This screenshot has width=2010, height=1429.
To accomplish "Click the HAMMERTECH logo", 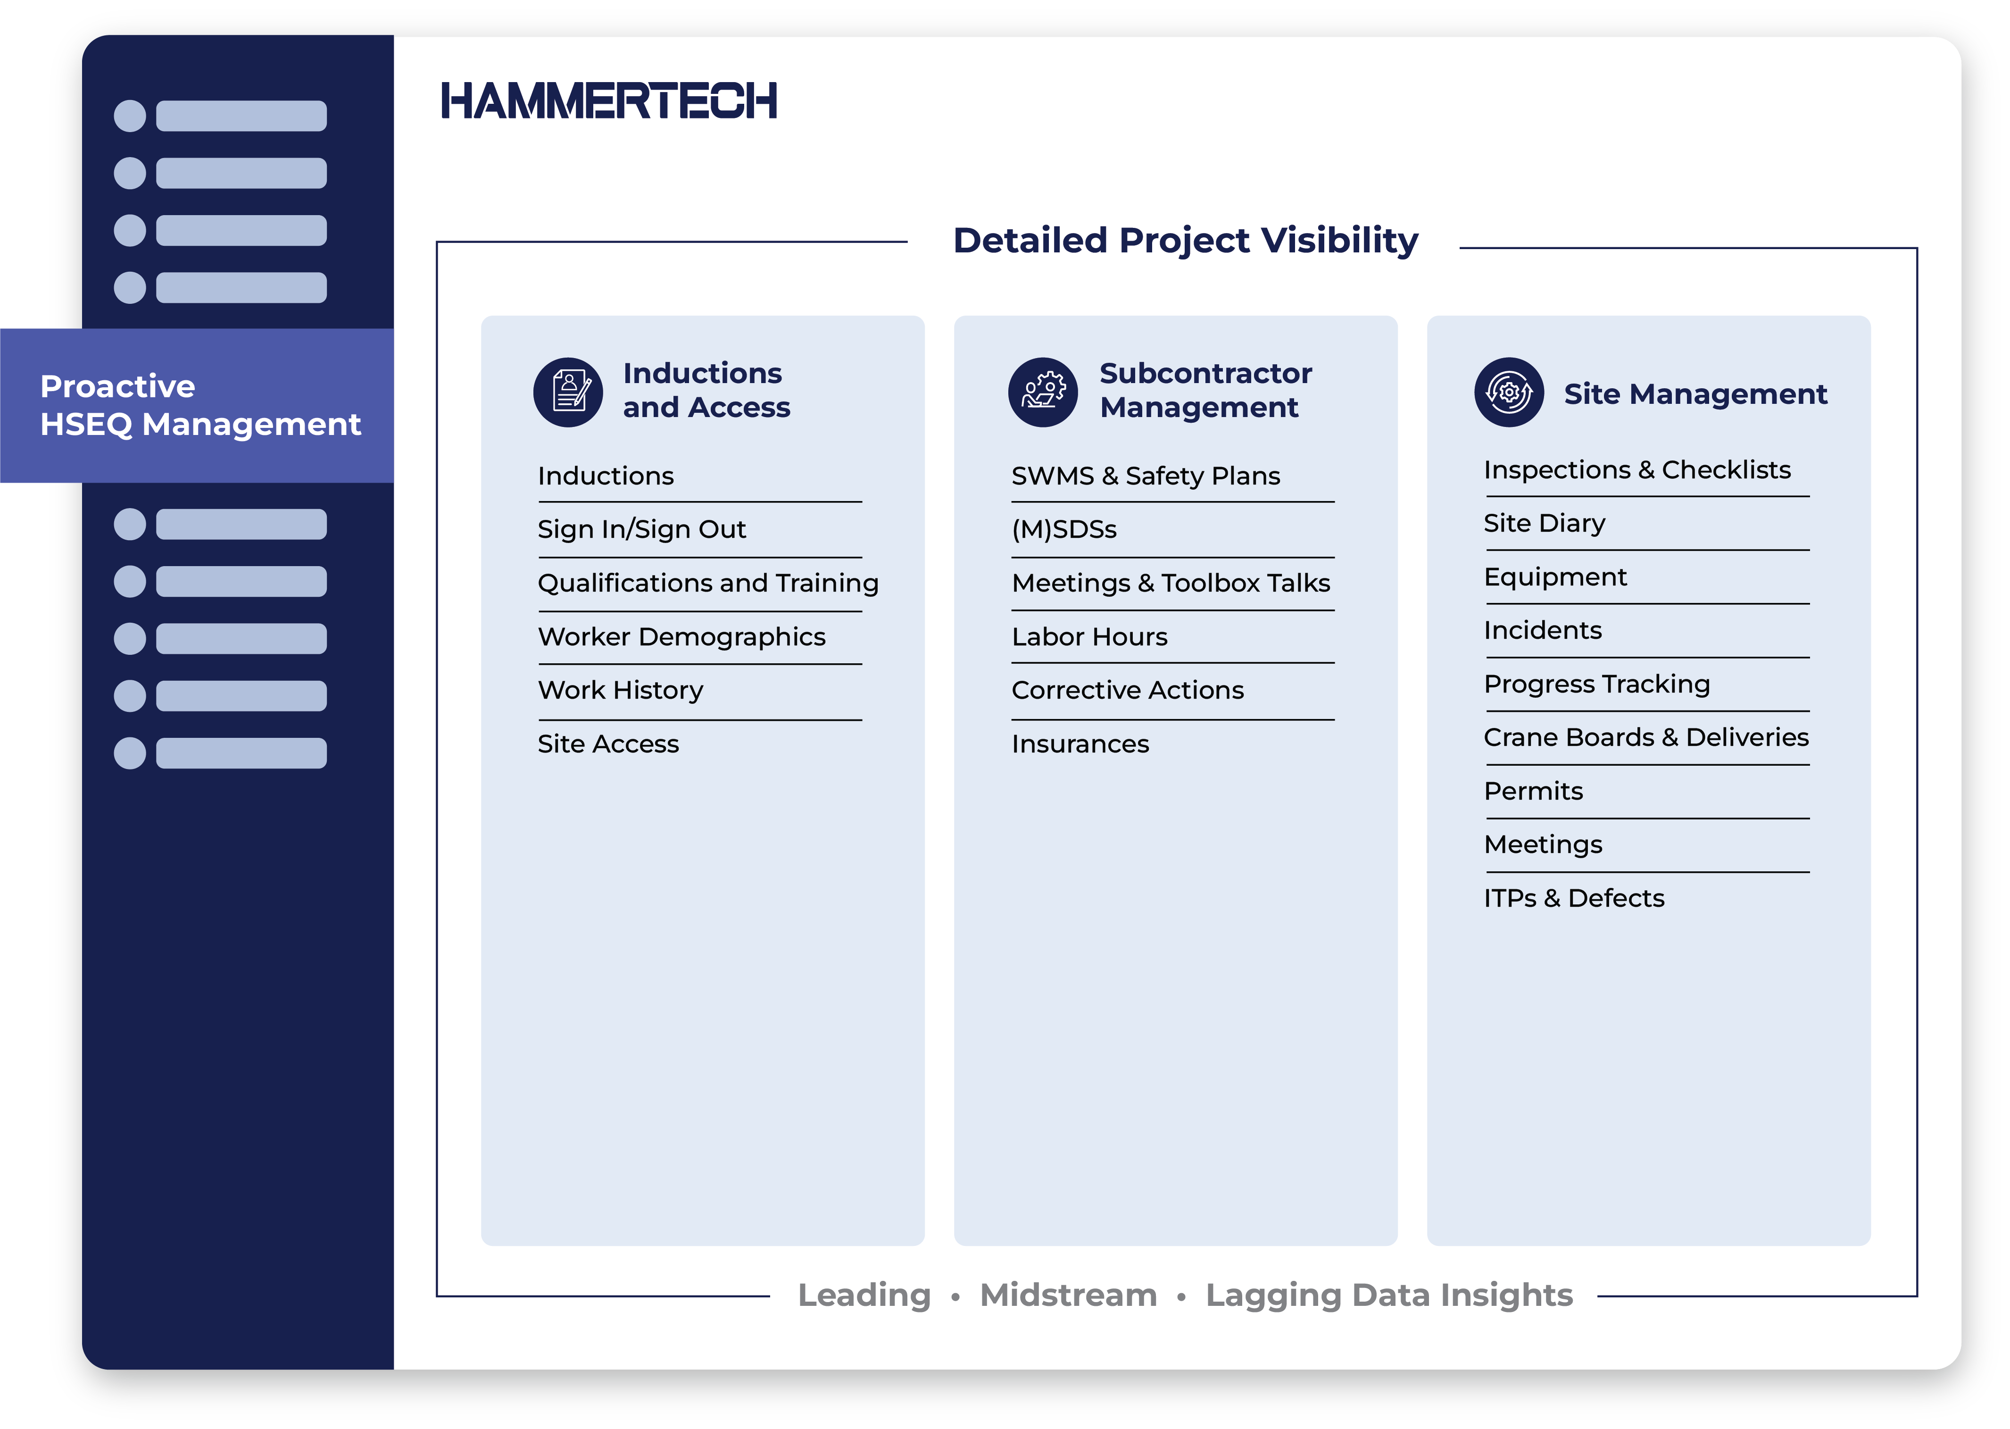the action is coord(609,100).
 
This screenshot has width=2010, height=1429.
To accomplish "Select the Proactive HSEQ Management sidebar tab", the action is coord(197,406).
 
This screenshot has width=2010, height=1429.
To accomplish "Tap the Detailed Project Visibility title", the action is coord(1185,240).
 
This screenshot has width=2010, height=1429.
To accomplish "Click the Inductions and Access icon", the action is coord(568,393).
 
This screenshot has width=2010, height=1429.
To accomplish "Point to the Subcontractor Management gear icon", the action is coord(1043,393).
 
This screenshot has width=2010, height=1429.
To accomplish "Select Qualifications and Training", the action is coord(708,584).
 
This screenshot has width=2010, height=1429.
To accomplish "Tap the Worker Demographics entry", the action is coord(682,637).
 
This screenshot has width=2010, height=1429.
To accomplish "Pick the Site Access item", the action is coord(608,744).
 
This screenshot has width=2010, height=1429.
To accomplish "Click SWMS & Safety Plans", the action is coord(1146,476).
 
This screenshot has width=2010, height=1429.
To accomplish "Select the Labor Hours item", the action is coord(1089,637).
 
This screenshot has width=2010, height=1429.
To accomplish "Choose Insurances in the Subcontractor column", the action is coord(1080,744).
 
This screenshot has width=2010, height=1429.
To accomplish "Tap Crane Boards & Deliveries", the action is coord(1646,737).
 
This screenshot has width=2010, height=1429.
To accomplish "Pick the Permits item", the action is coord(1533,791).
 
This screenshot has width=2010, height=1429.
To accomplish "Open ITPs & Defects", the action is coord(1574,898).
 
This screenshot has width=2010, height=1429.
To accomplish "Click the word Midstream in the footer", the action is coord(1068,1295).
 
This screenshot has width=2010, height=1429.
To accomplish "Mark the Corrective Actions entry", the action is coord(1128,691).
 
